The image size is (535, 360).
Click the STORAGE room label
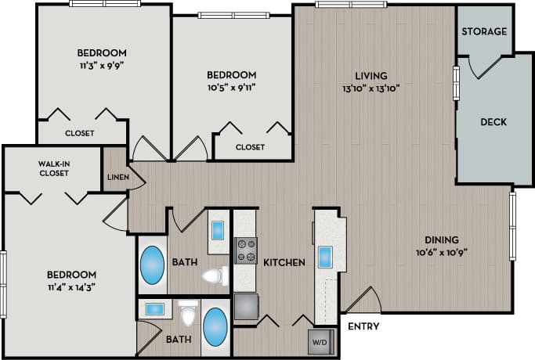pyautogui.click(x=483, y=31)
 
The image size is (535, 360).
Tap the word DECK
pyautogui.click(x=493, y=122)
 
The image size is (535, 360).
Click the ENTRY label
pyautogui.click(x=362, y=326)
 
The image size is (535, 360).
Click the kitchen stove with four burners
pyautogui.click(x=246, y=250)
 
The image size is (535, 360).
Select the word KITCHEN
pyautogui.click(x=284, y=262)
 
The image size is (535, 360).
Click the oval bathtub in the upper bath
pyautogui.click(x=153, y=267)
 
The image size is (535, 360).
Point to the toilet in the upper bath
pyautogui.click(x=213, y=275)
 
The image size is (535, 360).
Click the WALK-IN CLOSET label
pyautogui.click(x=53, y=168)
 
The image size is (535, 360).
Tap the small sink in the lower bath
pyautogui.click(x=153, y=309)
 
